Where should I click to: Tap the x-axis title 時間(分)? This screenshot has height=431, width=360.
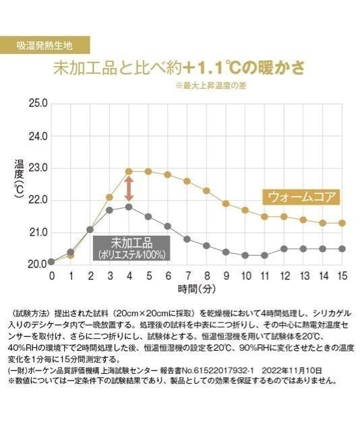pyautogui.click(x=196, y=290)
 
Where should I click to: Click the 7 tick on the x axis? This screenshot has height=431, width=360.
pyautogui.click(x=187, y=276)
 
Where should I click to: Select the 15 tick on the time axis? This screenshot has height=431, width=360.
pyautogui.click(x=342, y=276)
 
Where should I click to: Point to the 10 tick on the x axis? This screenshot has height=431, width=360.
pyautogui.click(x=245, y=276)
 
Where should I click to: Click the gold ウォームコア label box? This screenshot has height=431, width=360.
pyautogui.click(x=301, y=197)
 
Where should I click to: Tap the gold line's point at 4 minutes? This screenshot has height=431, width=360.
pyautogui.click(x=129, y=171)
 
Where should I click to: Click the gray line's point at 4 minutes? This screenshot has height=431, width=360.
pyautogui.click(x=129, y=207)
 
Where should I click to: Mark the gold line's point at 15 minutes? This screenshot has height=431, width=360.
pyautogui.click(x=342, y=223)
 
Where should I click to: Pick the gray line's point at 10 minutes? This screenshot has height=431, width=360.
pyautogui.click(x=245, y=255)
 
